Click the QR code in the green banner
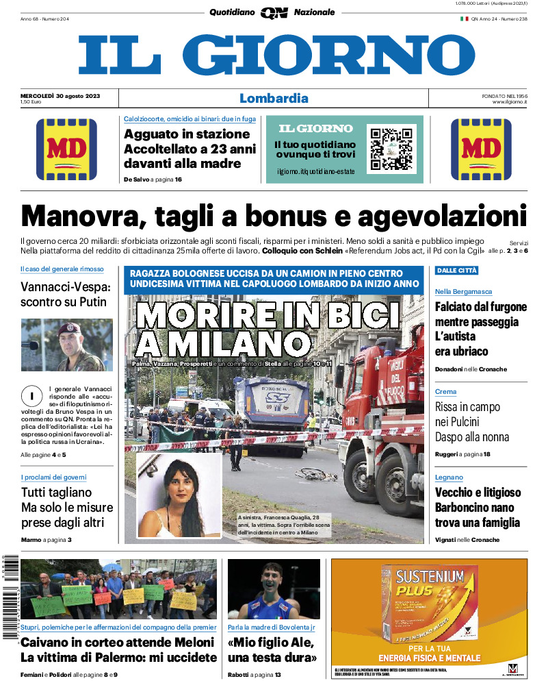pyautogui.click(x=391, y=148)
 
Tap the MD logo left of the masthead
pyautogui.click(x=66, y=149)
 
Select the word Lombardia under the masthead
pyautogui.click(x=274, y=98)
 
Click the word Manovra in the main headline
pyautogui.click(x=79, y=217)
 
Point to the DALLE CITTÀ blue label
pyautogui.click(x=457, y=271)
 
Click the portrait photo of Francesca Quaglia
pyautogui.click(x=179, y=495)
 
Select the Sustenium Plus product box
pyautogui.click(x=431, y=604)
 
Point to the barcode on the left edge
pyautogui.click(x=9, y=596)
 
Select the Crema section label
pyautogui.click(x=445, y=391)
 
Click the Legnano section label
pyautogui.click(x=449, y=477)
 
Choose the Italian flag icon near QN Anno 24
pyautogui.click(x=464, y=19)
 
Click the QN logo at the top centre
pyautogui.click(x=274, y=12)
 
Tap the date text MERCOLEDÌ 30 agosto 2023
pyautogui.click(x=60, y=95)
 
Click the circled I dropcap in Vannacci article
pyautogui.click(x=31, y=396)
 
